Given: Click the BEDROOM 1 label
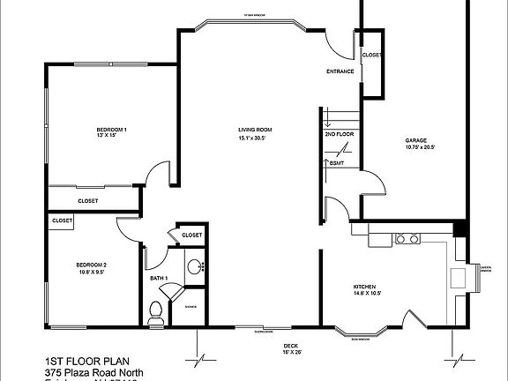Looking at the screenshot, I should tap(112, 131).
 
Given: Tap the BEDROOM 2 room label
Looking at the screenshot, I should tap(91, 265).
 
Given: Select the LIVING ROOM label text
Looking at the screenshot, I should tap(252, 131).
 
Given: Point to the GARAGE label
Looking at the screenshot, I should tap(417, 140).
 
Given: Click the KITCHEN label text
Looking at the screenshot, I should tap(365, 288).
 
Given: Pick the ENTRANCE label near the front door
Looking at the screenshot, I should tap(340, 71).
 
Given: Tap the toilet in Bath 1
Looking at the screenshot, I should tap(157, 310).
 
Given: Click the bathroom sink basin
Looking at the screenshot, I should tap(195, 266).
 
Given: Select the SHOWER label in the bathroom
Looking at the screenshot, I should tap(190, 306).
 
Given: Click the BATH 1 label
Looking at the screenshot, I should tap(159, 279).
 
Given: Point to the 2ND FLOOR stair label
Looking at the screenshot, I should tap(338, 134).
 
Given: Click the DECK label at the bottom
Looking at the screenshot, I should tap(290, 346).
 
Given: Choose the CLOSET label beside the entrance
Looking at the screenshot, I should tap(372, 55).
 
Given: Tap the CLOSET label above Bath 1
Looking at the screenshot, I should tap(191, 235).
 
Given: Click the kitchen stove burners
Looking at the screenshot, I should tap(407, 238).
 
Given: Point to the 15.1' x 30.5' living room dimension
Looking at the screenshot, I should tap(252, 138).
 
